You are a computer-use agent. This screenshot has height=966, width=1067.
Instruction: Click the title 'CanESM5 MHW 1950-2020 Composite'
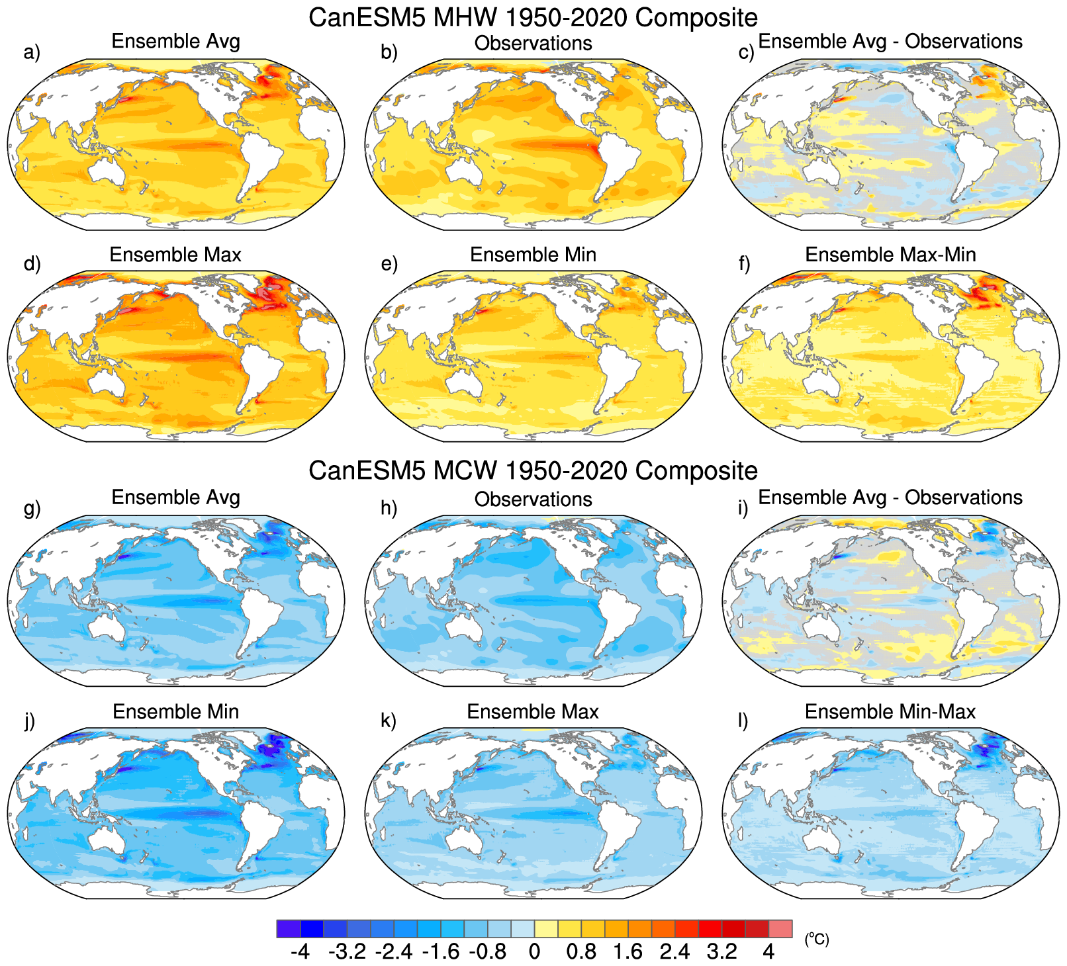(x=533, y=17)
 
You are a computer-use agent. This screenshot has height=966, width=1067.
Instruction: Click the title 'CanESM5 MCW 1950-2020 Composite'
(x=533, y=470)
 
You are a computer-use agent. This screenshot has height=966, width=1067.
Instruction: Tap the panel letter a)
(x=32, y=52)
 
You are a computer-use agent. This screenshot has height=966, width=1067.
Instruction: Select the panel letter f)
(x=744, y=263)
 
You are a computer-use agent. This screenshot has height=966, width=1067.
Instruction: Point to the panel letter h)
(x=389, y=507)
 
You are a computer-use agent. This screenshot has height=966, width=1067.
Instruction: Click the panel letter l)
(x=743, y=720)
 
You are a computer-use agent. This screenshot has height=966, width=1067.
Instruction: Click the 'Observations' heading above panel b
(x=533, y=43)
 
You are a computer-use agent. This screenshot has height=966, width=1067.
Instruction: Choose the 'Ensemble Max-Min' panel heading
(x=890, y=255)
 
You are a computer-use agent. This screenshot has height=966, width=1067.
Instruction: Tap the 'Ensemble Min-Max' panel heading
(x=890, y=711)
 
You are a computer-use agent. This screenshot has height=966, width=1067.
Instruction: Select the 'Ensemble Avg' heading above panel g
(x=175, y=497)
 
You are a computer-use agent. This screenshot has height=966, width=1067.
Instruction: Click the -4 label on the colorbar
(x=300, y=951)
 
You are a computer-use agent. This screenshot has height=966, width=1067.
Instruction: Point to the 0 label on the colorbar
(x=534, y=951)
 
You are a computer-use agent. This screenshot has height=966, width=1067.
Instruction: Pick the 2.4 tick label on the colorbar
(x=674, y=951)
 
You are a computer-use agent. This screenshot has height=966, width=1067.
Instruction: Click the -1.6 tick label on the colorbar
(x=440, y=951)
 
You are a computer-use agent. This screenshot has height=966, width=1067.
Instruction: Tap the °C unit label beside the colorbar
(x=817, y=939)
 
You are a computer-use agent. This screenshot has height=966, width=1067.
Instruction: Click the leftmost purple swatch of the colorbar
(x=289, y=928)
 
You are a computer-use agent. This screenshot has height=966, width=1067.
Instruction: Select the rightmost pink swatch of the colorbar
(x=780, y=928)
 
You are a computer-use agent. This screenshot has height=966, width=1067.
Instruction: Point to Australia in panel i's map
(x=819, y=629)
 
